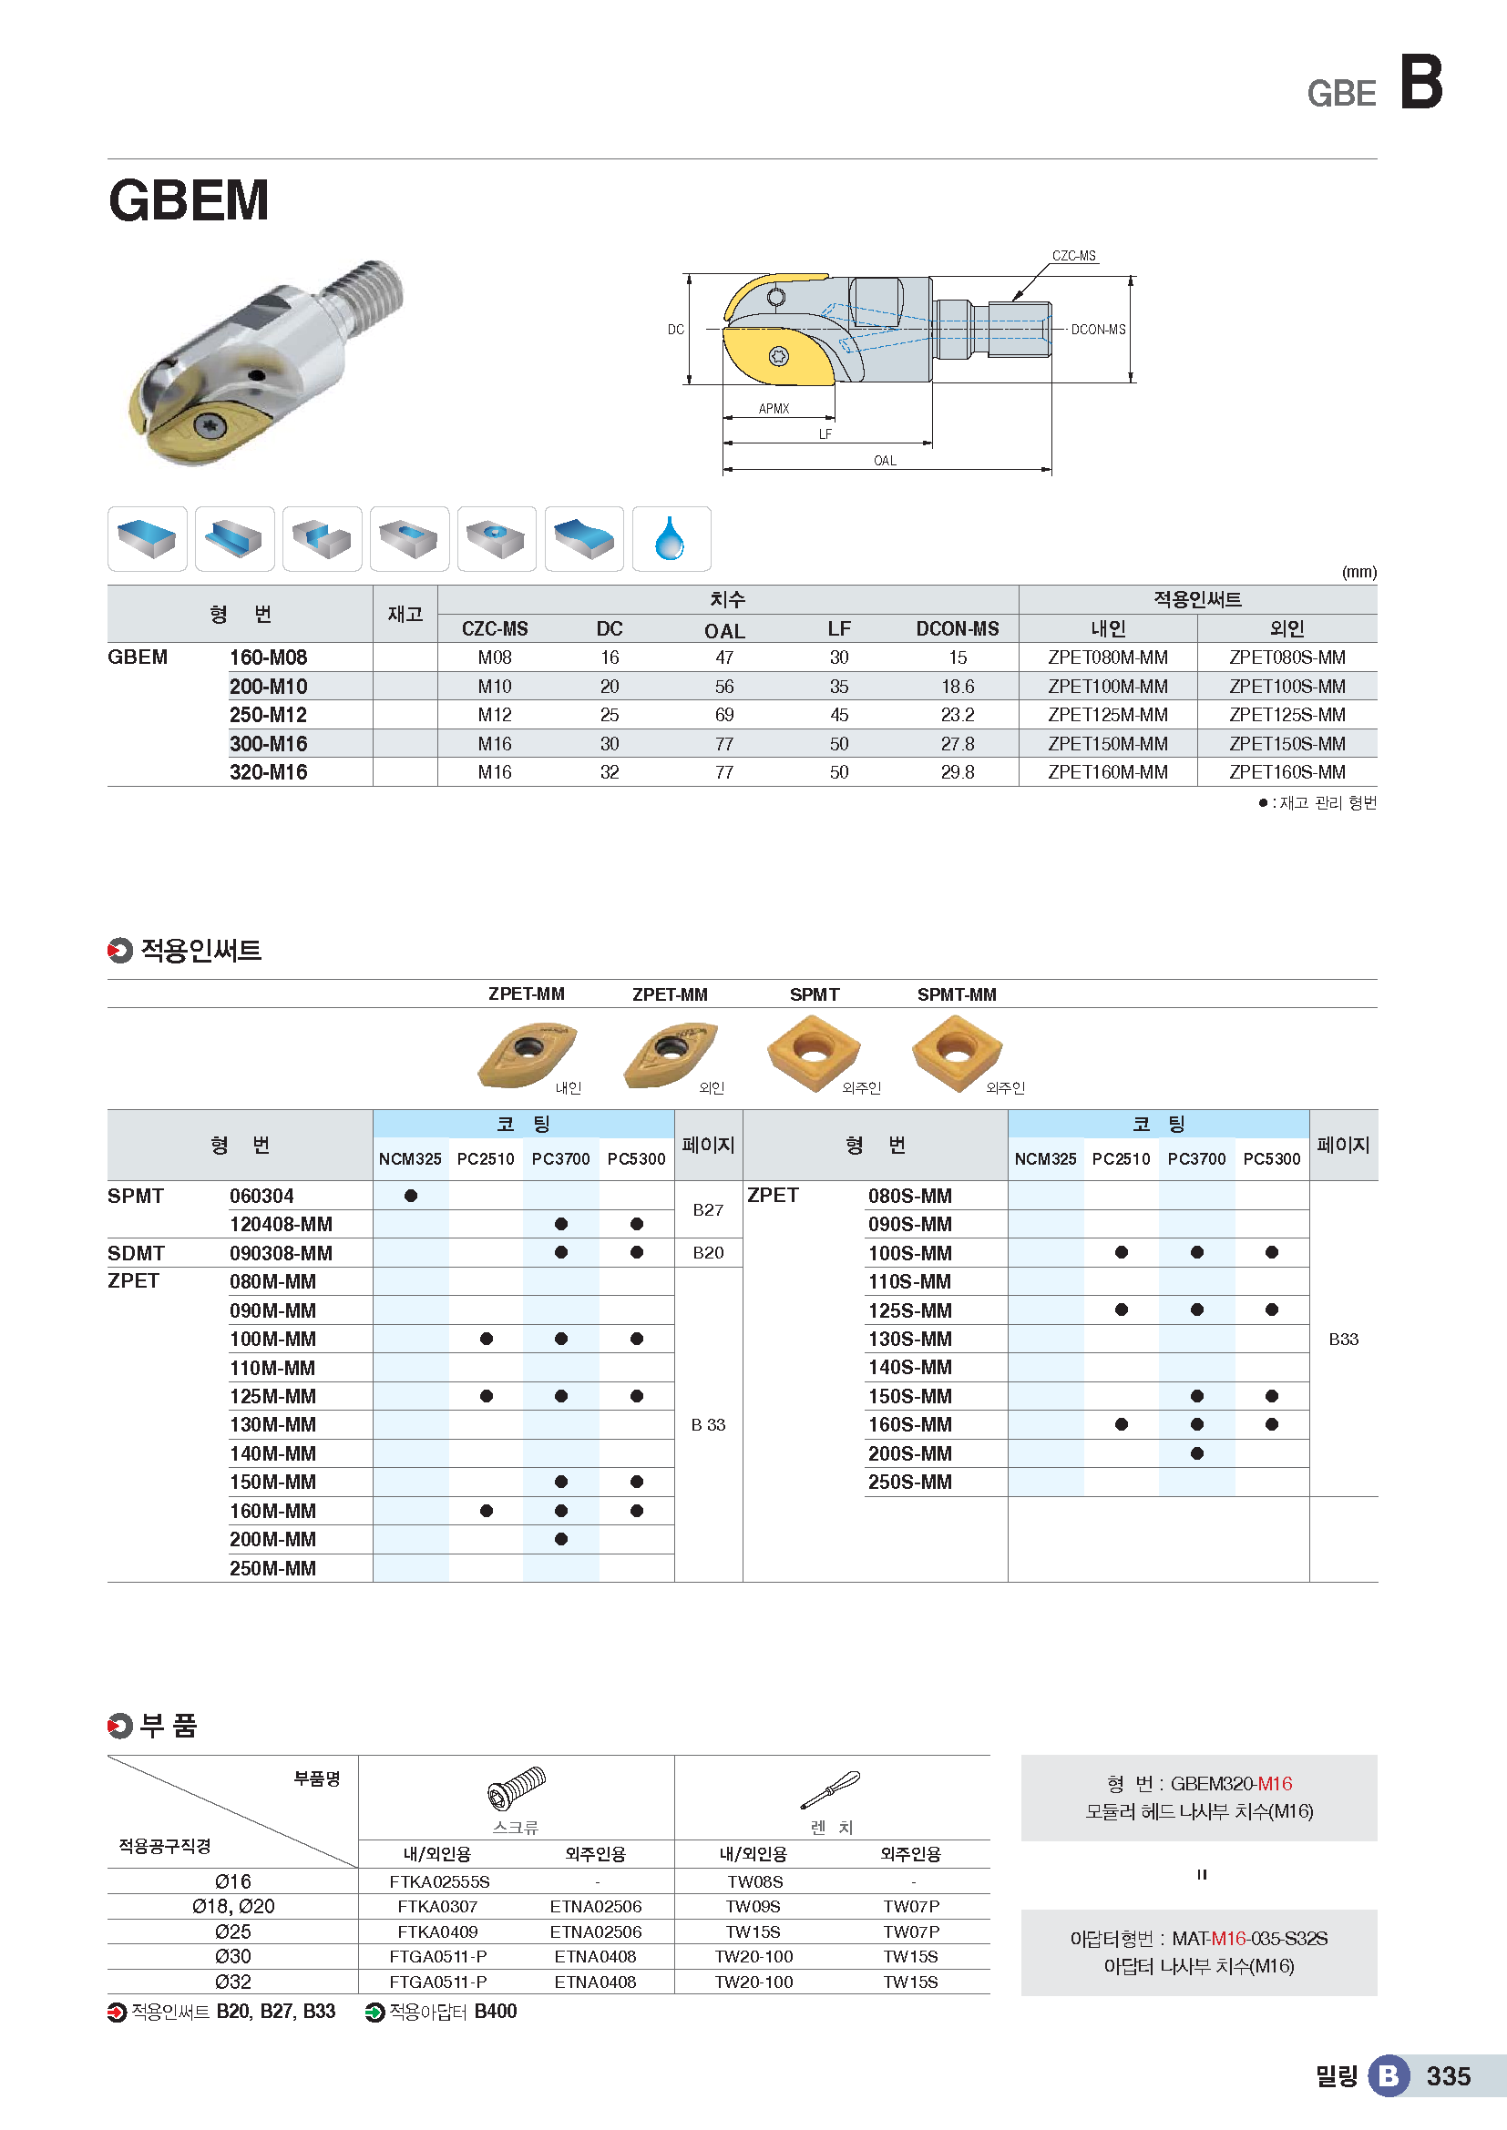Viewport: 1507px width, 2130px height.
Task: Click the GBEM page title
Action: coord(189,200)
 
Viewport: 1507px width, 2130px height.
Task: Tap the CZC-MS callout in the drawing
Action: coord(1073,256)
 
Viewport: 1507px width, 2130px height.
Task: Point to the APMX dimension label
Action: coord(774,408)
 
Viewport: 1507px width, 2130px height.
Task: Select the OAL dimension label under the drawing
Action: coord(885,461)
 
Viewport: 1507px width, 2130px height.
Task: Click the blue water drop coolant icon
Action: coord(670,539)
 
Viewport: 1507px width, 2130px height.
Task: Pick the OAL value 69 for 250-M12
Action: coord(723,715)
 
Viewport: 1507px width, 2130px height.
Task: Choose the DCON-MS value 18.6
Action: coord(957,687)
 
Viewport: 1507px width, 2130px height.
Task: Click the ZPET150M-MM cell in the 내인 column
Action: coord(1107,744)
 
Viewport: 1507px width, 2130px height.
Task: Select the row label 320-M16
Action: coord(268,773)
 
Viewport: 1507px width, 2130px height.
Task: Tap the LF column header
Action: coord(839,629)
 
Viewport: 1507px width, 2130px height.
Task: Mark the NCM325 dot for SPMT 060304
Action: coord(410,1196)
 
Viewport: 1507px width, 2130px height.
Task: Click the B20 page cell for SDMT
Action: coord(708,1253)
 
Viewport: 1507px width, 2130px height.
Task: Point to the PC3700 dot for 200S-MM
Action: coord(1196,1453)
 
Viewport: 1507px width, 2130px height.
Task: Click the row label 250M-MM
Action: coord(272,1569)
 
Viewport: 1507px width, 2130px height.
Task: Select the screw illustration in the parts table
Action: coord(516,1789)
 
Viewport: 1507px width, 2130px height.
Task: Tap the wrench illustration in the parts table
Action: coord(831,1789)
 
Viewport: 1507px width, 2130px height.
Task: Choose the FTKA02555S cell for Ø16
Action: coord(439,1882)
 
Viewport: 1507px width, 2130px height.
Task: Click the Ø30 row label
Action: coord(233,1956)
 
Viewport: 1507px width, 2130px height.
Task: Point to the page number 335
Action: coord(1448,2076)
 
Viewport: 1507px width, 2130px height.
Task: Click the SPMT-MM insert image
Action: coord(957,1052)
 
